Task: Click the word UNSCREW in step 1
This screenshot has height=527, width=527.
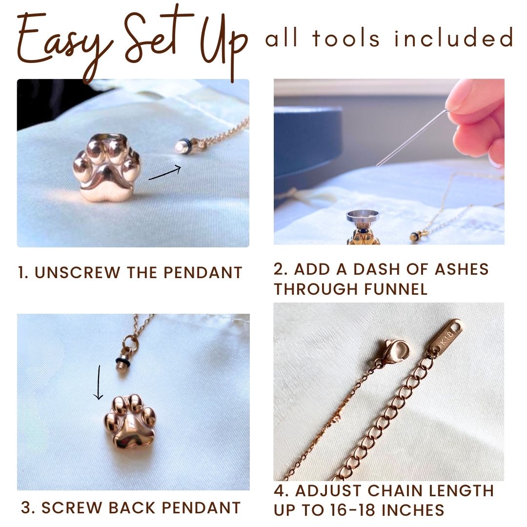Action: pyautogui.click(x=77, y=273)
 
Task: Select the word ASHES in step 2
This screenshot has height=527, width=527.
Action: pyautogui.click(x=462, y=269)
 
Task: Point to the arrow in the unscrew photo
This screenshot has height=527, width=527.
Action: pyautogui.click(x=165, y=173)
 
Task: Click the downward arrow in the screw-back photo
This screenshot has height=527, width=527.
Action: pyautogui.click(x=98, y=383)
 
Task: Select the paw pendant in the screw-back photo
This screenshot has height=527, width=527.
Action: pyautogui.click(x=130, y=424)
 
